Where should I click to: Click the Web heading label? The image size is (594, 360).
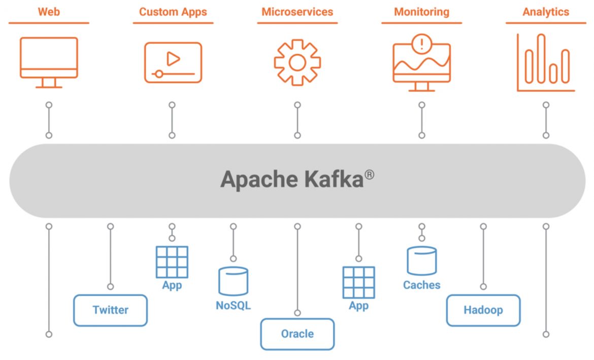point(49,12)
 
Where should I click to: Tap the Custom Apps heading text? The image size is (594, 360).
point(173,12)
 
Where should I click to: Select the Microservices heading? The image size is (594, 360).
point(298,12)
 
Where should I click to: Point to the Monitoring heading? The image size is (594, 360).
point(422,12)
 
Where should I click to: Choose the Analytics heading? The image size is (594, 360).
point(546,12)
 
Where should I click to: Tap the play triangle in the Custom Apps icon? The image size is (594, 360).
point(174,59)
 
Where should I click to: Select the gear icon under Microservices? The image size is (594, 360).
point(298,62)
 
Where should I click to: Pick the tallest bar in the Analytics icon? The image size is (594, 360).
point(542,58)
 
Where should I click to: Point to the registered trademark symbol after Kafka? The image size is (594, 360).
point(369,174)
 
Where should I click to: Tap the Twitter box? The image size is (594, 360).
point(110,310)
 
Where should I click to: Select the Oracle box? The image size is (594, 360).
point(298,334)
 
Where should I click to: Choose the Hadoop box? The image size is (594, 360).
point(483,310)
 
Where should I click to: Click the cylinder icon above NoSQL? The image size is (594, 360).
point(233,281)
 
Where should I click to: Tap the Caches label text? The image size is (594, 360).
point(421,285)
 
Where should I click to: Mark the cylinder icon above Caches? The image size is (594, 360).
point(421,260)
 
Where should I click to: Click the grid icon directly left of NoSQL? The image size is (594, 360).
point(172,262)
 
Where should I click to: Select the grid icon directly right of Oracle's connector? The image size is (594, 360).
point(359,282)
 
